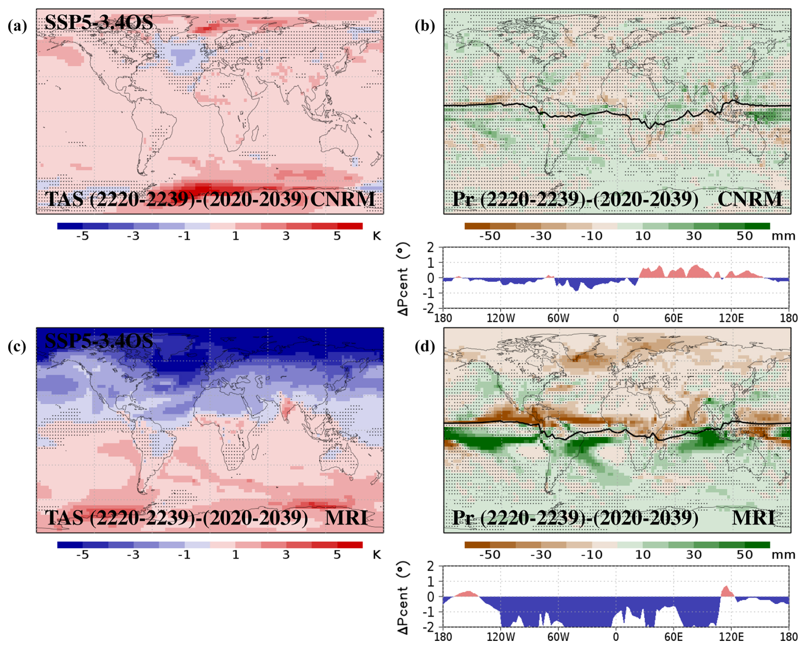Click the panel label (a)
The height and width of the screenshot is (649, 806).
[17, 26]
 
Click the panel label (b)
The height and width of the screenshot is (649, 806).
[425, 26]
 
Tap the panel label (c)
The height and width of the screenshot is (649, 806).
[17, 346]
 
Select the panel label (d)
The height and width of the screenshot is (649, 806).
[425, 346]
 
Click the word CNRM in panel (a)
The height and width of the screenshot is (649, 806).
[343, 200]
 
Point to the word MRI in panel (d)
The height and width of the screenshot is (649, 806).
[753, 518]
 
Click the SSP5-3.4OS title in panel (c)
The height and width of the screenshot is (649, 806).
[99, 341]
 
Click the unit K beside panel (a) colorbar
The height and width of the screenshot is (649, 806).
[377, 236]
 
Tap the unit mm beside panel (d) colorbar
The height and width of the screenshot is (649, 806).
[783, 555]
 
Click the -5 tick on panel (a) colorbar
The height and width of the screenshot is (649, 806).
[82, 236]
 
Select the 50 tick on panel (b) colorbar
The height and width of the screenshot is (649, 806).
[745, 236]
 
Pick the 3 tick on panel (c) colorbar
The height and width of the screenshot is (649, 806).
[286, 555]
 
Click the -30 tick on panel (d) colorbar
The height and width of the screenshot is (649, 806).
[541, 555]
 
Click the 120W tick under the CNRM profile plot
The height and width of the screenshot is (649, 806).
[501, 318]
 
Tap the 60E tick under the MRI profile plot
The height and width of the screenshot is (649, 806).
[674, 637]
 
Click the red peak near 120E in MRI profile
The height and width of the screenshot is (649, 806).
[726, 591]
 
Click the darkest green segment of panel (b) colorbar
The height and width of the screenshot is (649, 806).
[757, 226]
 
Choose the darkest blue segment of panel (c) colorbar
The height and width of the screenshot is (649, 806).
[70, 545]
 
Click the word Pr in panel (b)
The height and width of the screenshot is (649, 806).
[463, 200]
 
